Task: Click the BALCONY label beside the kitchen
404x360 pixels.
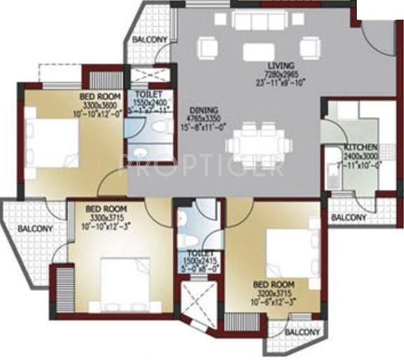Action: pos(350,217)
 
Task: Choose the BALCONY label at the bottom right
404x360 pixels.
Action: pos(303,331)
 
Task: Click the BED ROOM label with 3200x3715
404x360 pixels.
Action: pos(273,285)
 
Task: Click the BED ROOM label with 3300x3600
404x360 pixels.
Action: pos(99,96)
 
